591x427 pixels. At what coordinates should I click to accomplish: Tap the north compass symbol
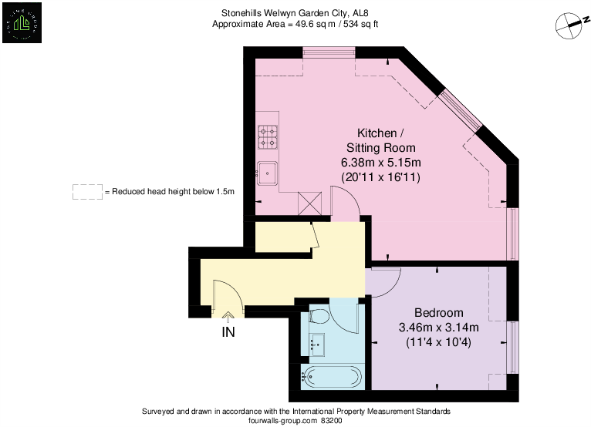pos(570,25)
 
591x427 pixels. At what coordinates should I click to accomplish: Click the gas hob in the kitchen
pos(268,137)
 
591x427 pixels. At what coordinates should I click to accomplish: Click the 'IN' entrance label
pos(228,332)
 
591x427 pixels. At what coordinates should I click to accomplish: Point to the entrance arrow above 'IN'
pos(228,315)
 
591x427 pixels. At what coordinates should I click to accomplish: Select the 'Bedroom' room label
pos(438,313)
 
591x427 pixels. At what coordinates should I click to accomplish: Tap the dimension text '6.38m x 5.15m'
pos(380,163)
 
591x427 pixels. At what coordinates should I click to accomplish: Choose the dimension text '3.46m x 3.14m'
pos(438,327)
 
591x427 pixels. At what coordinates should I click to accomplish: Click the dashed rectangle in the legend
pos(87,192)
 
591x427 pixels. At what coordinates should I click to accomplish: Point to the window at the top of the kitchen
pos(329,52)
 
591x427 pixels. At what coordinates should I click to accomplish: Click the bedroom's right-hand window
pos(512,345)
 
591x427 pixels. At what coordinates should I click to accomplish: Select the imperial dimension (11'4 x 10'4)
pos(438,341)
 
